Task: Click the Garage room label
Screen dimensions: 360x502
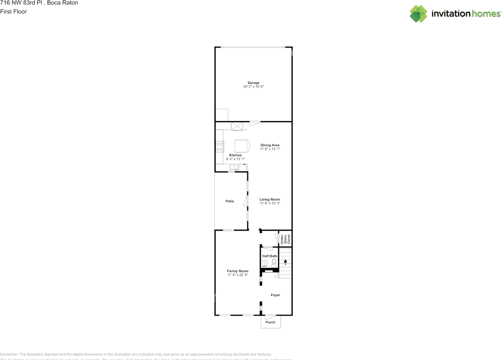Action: pyautogui.click(x=253, y=83)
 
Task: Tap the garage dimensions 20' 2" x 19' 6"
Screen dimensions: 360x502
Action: pyautogui.click(x=253, y=87)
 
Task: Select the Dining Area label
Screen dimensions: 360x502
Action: pyautogui.click(x=270, y=145)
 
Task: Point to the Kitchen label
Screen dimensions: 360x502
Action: pyautogui.click(x=235, y=155)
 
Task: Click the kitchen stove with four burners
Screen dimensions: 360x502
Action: pyautogui.click(x=220, y=146)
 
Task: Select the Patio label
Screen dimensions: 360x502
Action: pyautogui.click(x=230, y=201)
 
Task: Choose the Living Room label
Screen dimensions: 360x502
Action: pyautogui.click(x=270, y=200)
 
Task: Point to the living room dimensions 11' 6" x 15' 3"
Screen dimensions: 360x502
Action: pyautogui.click(x=270, y=204)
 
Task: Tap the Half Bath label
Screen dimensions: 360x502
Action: pyautogui.click(x=269, y=256)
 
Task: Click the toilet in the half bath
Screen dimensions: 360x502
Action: pyautogui.click(x=274, y=262)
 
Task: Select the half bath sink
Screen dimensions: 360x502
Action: pyautogui.click(x=265, y=264)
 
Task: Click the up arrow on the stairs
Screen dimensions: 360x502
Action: pyautogui.click(x=286, y=262)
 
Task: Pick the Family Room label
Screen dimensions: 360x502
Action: pyautogui.click(x=238, y=271)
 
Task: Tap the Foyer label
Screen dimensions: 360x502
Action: pyautogui.click(x=275, y=295)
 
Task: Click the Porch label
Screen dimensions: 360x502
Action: pyautogui.click(x=271, y=322)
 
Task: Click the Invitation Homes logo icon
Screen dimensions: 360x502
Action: pyautogui.click(x=418, y=14)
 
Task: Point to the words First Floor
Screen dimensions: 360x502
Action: pyautogui.click(x=14, y=11)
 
